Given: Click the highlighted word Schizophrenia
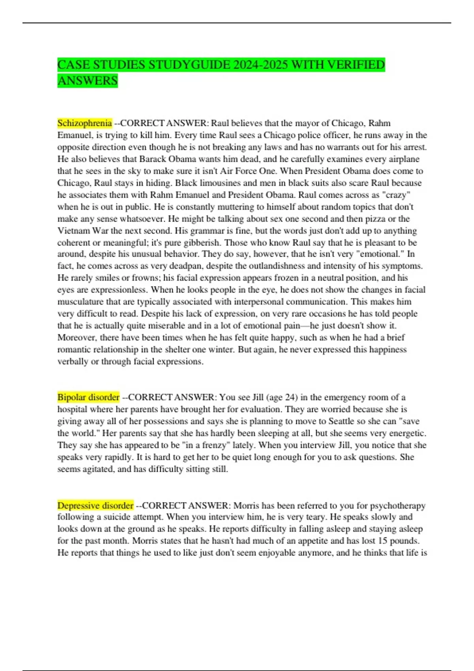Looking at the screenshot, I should coord(85,123).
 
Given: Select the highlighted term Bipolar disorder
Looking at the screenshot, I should coord(88,397).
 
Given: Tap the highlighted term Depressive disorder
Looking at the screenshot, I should coord(95,505).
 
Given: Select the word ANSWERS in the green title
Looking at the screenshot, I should coord(88,81).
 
